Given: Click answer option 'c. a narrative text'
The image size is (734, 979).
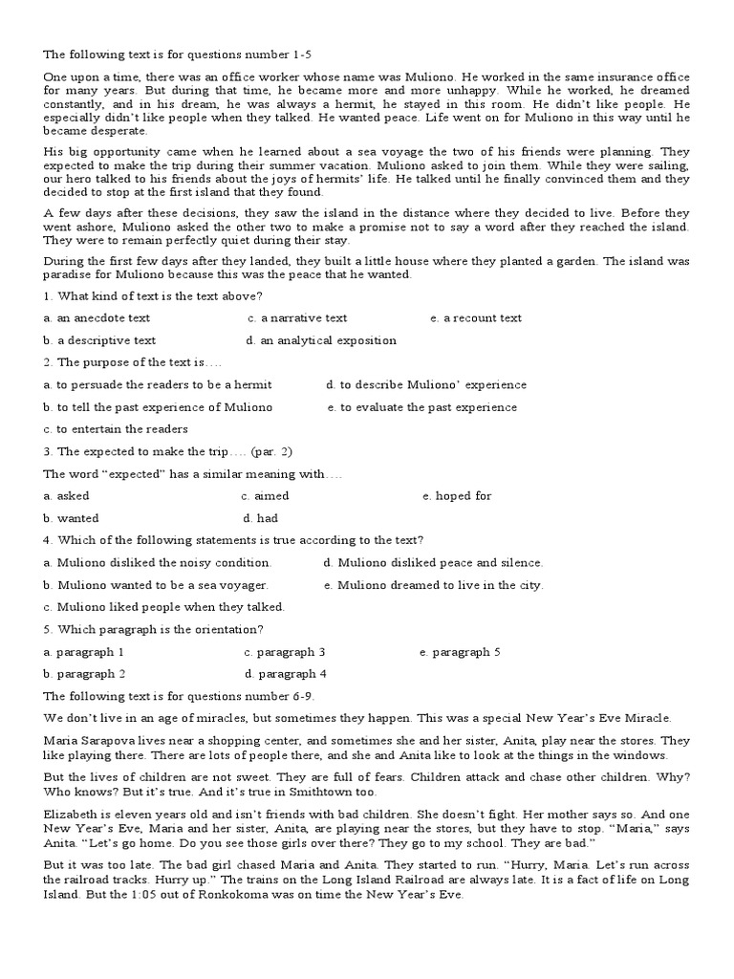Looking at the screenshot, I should tap(297, 318).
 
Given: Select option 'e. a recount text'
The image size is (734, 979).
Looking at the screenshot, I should tap(476, 318).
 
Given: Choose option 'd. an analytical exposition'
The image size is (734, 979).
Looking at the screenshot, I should tap(320, 340).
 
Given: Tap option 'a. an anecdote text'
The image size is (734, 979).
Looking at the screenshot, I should tap(97, 318).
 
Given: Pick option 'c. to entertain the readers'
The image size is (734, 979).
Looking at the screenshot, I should tap(116, 429).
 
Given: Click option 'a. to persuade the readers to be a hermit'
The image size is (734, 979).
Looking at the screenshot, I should tap(158, 385).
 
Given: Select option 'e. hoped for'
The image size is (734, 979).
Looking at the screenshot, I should tap(457, 496).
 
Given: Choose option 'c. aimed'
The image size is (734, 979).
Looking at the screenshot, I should tap(265, 496).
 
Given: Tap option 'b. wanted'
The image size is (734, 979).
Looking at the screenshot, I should tap(71, 518).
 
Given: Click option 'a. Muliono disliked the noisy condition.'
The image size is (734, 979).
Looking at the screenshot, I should tap(158, 563).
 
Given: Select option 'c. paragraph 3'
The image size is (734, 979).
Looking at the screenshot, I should tap(285, 652).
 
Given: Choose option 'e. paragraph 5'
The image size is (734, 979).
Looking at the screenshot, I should tap(460, 652).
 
